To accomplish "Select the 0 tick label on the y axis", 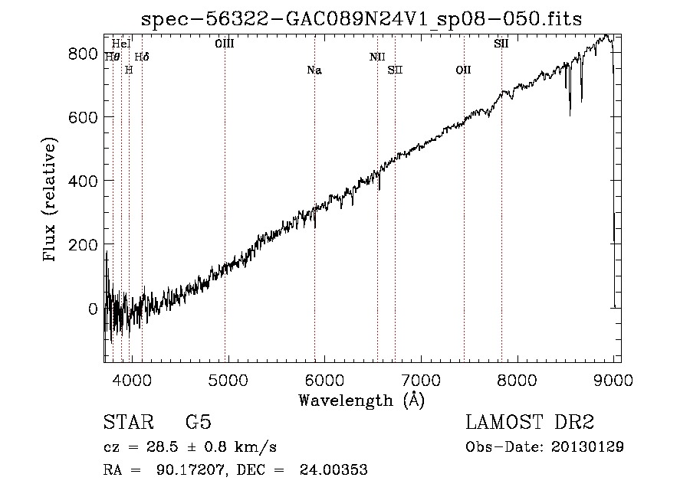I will pyautogui.click(x=92, y=309).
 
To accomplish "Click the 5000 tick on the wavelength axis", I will pyautogui.click(x=227, y=378).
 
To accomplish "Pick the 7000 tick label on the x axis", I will pyautogui.click(x=421, y=378).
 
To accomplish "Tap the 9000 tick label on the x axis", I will pyautogui.click(x=614, y=378).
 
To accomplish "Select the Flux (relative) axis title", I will pyautogui.click(x=51, y=201).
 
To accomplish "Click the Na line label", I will pyautogui.click(x=314, y=70).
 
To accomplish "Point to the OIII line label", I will pyautogui.click(x=225, y=44).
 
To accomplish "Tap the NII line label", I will pyautogui.click(x=376, y=57).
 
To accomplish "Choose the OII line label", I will pyautogui.click(x=463, y=70).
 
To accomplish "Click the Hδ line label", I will pyautogui.click(x=142, y=57).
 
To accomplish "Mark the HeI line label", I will pyautogui.click(x=121, y=44).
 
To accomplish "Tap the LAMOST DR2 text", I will pyautogui.click(x=530, y=423).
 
